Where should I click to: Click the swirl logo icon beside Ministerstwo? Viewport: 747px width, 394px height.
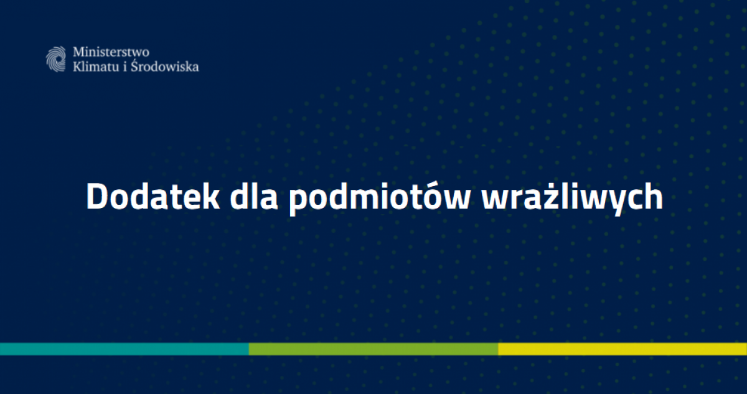[x=56, y=59]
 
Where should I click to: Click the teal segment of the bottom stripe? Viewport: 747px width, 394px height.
[x=125, y=349]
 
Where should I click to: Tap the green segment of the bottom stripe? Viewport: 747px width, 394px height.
[x=374, y=349]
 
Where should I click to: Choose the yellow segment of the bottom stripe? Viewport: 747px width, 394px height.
[x=622, y=349]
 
